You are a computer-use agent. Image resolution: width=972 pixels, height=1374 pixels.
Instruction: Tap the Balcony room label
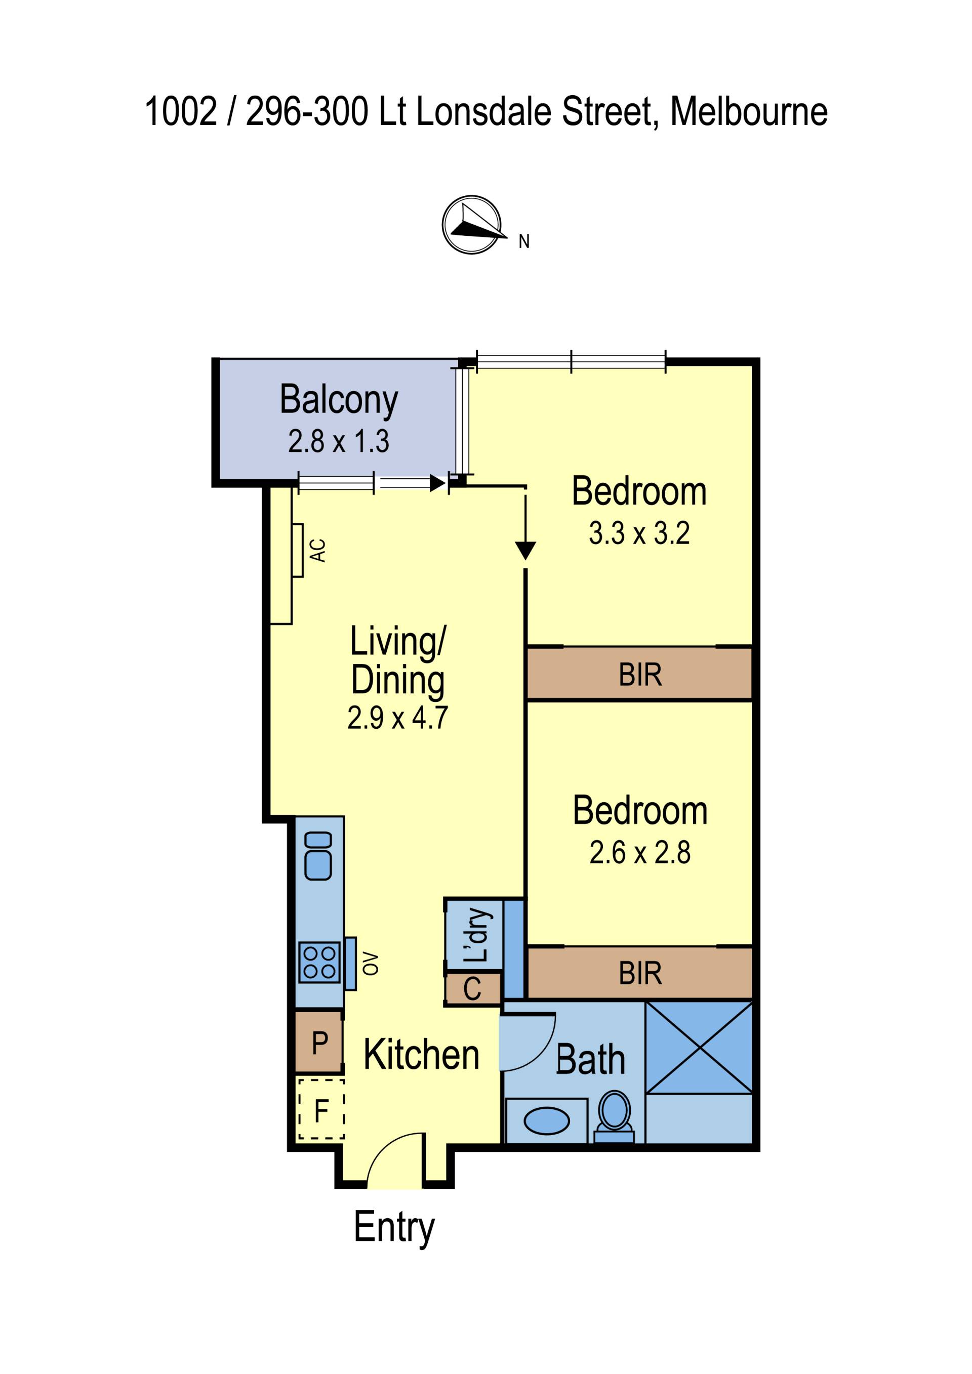[339, 400]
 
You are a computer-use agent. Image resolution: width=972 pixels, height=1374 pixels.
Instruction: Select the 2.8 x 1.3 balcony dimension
[339, 441]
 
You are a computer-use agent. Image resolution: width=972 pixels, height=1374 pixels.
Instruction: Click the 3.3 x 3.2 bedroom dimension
[639, 532]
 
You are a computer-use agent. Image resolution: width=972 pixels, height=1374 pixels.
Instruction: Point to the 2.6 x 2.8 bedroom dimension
[640, 852]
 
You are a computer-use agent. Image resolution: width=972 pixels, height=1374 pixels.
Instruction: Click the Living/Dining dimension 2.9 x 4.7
[398, 718]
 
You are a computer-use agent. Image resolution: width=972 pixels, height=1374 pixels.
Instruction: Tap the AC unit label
[318, 551]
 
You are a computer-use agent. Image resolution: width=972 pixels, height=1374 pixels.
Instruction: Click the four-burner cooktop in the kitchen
[319, 962]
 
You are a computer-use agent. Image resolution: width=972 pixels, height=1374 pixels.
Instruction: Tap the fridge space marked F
[321, 1111]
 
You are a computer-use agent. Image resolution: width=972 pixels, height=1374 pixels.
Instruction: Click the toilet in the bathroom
[614, 1117]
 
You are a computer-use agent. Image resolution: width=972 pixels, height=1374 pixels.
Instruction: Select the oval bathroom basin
[546, 1121]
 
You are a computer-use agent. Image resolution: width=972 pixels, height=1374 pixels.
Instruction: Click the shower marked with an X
[699, 1048]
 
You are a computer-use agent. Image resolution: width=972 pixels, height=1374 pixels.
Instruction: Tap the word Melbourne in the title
[749, 111]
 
